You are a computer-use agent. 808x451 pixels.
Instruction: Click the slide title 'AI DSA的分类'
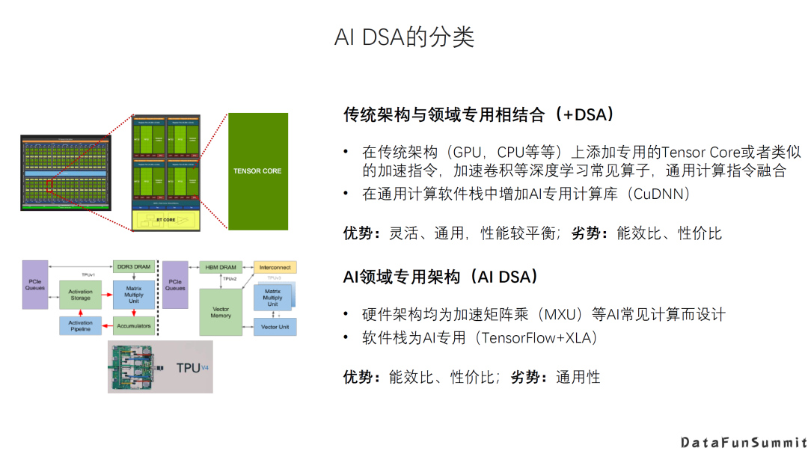[x=404, y=37]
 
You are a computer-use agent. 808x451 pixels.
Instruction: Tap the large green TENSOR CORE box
[x=257, y=171]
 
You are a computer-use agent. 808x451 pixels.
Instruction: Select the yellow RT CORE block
[x=165, y=220]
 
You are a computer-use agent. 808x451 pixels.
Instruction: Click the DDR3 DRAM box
[x=133, y=267]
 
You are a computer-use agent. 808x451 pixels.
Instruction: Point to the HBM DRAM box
[x=218, y=267]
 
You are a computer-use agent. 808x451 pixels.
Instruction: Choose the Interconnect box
[x=275, y=267]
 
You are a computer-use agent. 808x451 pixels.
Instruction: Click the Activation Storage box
[x=80, y=295]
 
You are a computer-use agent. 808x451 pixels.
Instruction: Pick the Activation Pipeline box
[x=80, y=326]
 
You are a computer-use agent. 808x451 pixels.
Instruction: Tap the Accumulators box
[x=133, y=326]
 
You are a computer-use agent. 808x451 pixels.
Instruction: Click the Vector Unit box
[x=275, y=327]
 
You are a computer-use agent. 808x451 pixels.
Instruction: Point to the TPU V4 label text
[x=191, y=368]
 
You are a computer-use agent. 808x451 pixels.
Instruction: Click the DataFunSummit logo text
[x=744, y=442]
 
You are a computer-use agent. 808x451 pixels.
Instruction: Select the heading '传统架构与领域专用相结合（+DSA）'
[x=479, y=114]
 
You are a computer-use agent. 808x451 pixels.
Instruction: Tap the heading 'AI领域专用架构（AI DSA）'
[x=441, y=277]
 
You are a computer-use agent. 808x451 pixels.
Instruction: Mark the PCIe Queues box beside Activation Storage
[x=34, y=285]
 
